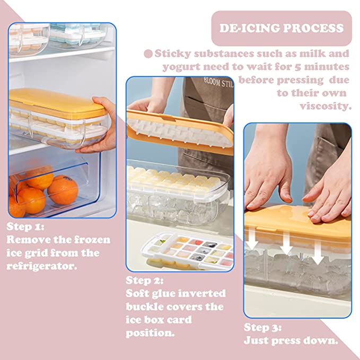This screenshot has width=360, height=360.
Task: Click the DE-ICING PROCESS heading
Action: point(282,28)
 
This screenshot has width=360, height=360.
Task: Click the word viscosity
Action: point(326,106)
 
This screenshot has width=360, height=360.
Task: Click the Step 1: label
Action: point(25,227)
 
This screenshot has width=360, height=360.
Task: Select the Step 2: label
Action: point(145,280)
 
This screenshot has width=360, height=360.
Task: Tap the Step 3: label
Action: point(262,327)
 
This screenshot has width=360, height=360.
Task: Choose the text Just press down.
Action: point(291,340)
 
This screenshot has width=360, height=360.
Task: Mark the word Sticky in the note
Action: point(174,54)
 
